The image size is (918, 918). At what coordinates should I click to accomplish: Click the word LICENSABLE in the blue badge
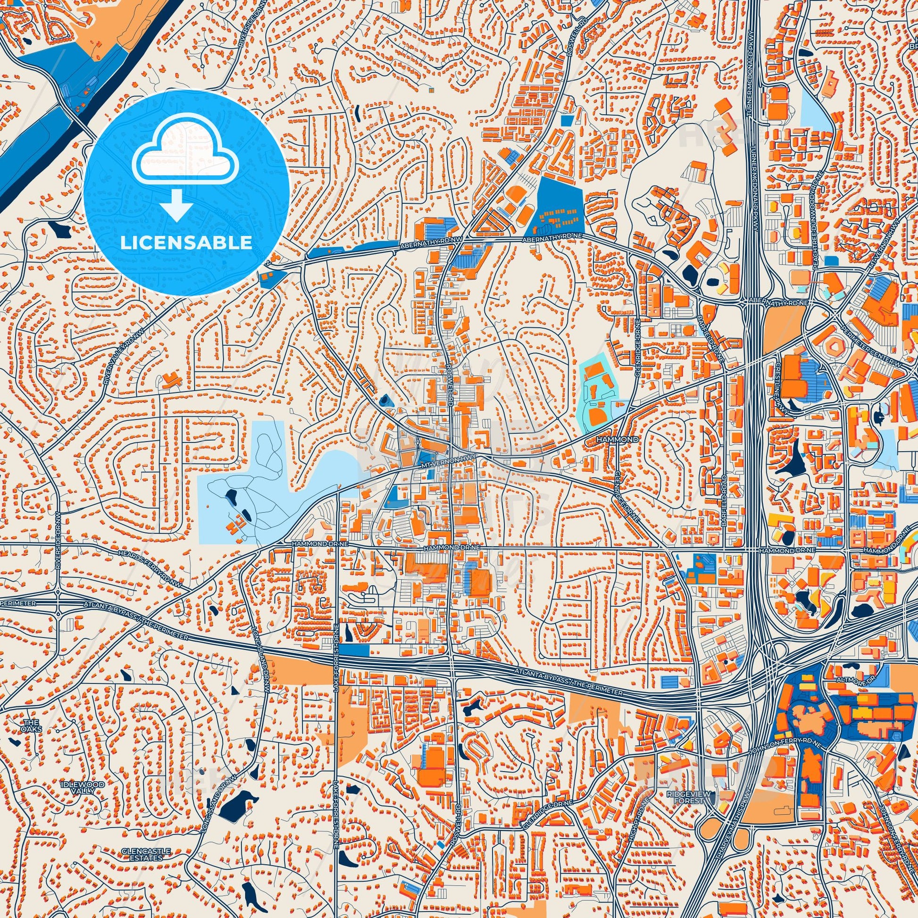[186, 243]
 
